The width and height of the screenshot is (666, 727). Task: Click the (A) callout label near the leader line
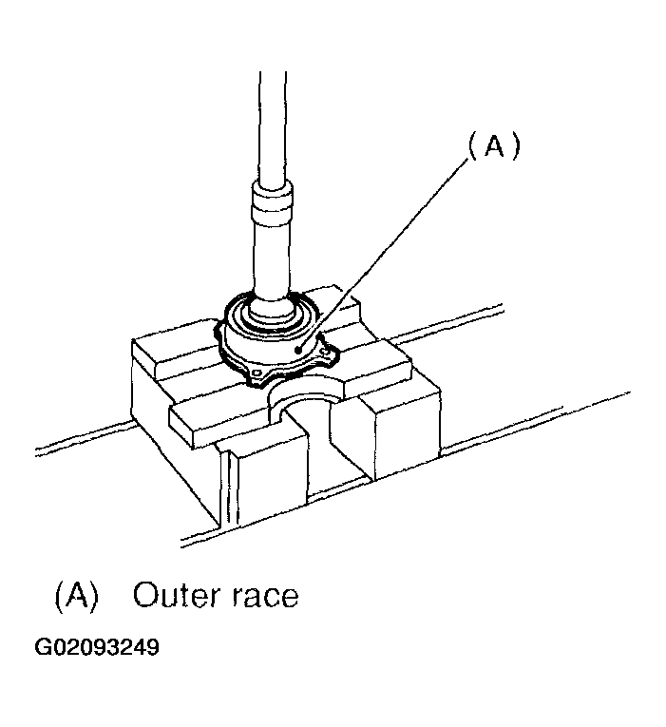click(x=494, y=146)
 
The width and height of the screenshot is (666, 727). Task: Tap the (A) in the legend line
click(x=77, y=596)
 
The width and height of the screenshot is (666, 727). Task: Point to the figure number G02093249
click(x=97, y=648)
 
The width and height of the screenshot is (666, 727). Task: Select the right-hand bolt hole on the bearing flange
click(x=328, y=353)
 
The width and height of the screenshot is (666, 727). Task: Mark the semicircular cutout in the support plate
click(x=306, y=398)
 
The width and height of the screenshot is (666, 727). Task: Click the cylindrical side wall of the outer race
click(x=271, y=349)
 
